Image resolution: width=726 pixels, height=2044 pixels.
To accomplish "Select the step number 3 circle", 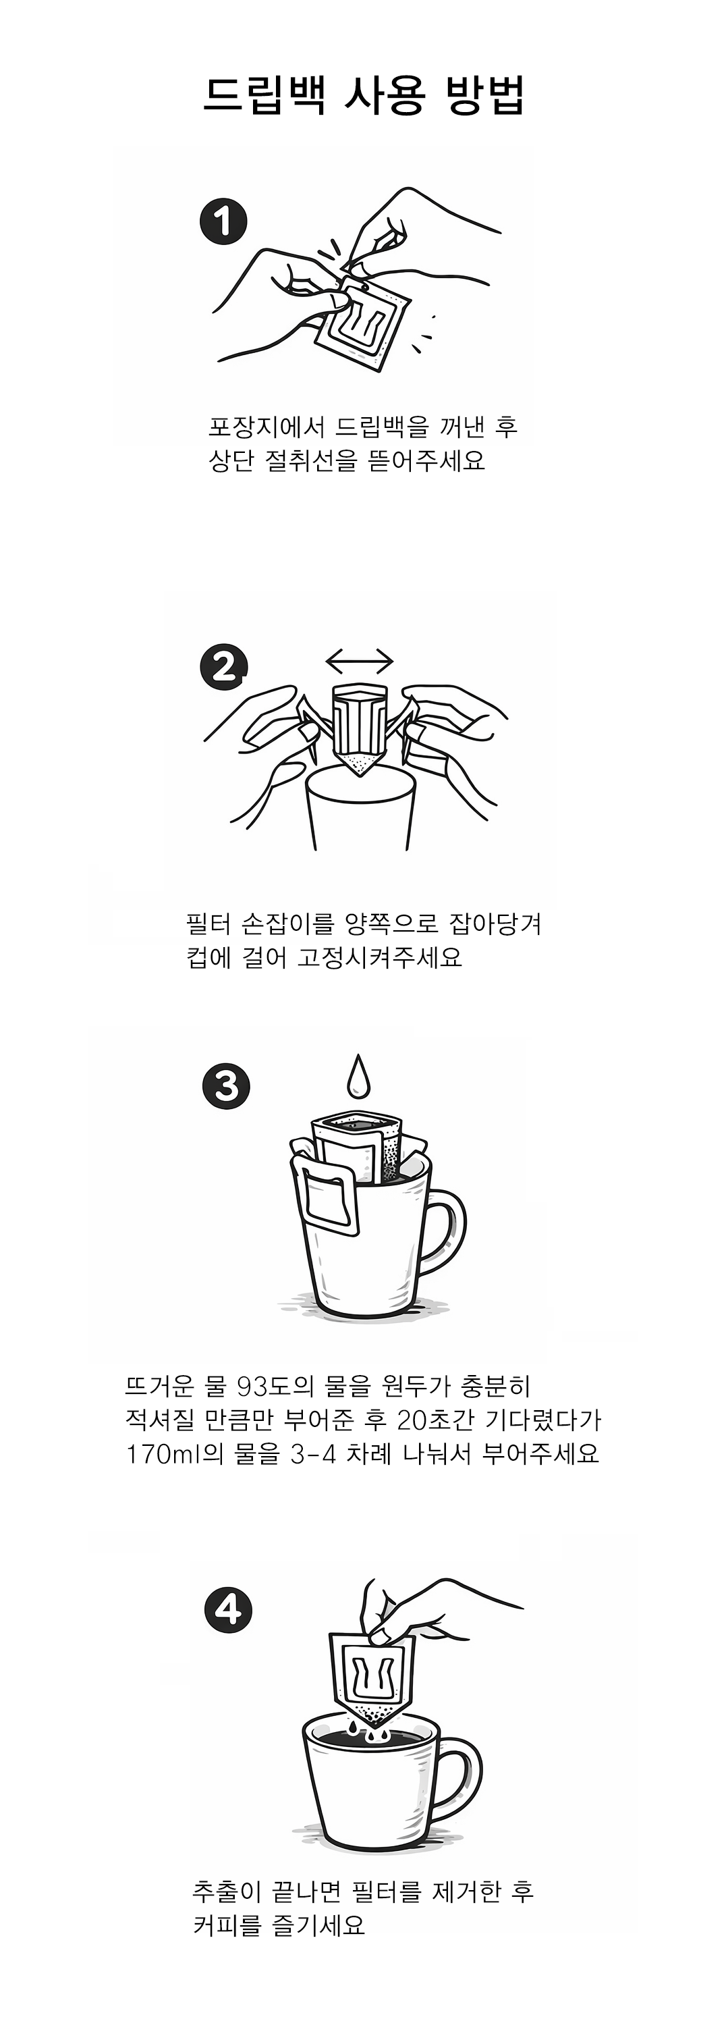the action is (x=226, y=1086).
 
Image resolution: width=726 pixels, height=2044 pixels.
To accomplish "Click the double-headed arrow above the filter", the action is (x=360, y=660).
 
